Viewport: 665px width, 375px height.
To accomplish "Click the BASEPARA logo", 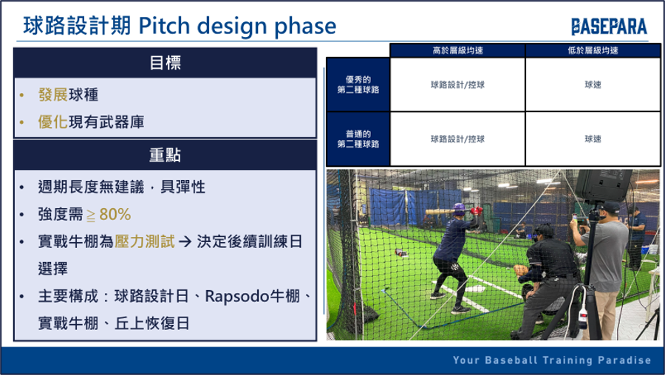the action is (x=609, y=27).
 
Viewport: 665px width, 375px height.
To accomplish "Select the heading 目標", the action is (x=166, y=63).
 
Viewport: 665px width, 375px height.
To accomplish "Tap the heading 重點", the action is (x=166, y=155).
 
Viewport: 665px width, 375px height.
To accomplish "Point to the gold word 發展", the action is (x=53, y=94).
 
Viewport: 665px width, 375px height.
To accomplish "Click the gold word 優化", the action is (x=53, y=122).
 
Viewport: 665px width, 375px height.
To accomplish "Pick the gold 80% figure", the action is (x=115, y=214).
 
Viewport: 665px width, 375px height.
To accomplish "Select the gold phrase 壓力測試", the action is (x=145, y=241).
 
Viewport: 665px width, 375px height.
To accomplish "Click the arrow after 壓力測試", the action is (x=185, y=242).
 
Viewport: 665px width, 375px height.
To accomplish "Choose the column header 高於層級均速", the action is (x=457, y=50).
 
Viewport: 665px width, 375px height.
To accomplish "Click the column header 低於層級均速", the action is (x=593, y=50).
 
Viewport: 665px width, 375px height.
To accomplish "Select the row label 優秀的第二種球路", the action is (x=358, y=84).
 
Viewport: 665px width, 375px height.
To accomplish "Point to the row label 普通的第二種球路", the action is (x=358, y=139).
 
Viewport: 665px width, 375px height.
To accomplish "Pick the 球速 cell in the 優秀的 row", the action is (x=593, y=85).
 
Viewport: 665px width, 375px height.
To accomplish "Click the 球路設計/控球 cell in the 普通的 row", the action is (x=457, y=139).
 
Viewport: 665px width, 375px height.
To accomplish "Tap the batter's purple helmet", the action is (x=460, y=208).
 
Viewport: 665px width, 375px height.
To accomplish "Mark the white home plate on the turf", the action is (x=475, y=289).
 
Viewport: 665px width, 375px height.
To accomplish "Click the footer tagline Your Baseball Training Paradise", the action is (x=552, y=360).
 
